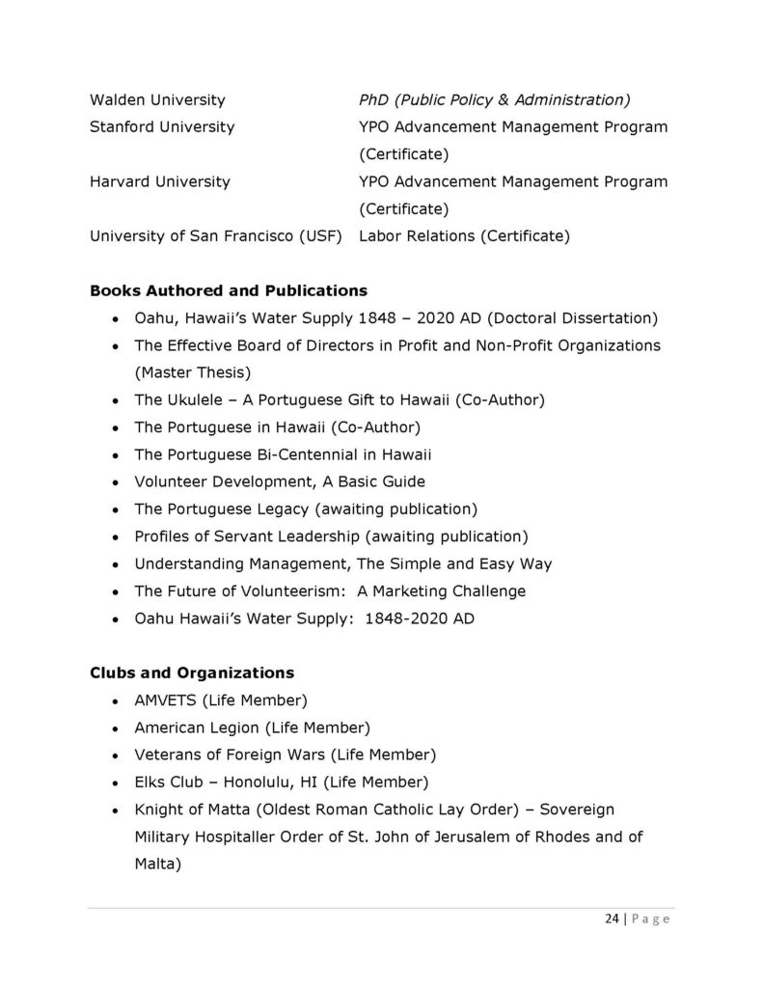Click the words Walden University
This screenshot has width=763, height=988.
pyautogui.click(x=157, y=99)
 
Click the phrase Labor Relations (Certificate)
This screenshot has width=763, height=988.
pyautogui.click(x=464, y=235)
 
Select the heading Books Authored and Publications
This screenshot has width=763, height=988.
pyautogui.click(x=228, y=289)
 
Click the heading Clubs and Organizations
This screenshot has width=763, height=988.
pyautogui.click(x=192, y=672)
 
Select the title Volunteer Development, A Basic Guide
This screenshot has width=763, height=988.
pyautogui.click(x=280, y=480)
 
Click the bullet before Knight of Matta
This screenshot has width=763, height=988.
pyautogui.click(x=116, y=810)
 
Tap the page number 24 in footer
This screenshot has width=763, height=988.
pyautogui.click(x=612, y=919)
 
